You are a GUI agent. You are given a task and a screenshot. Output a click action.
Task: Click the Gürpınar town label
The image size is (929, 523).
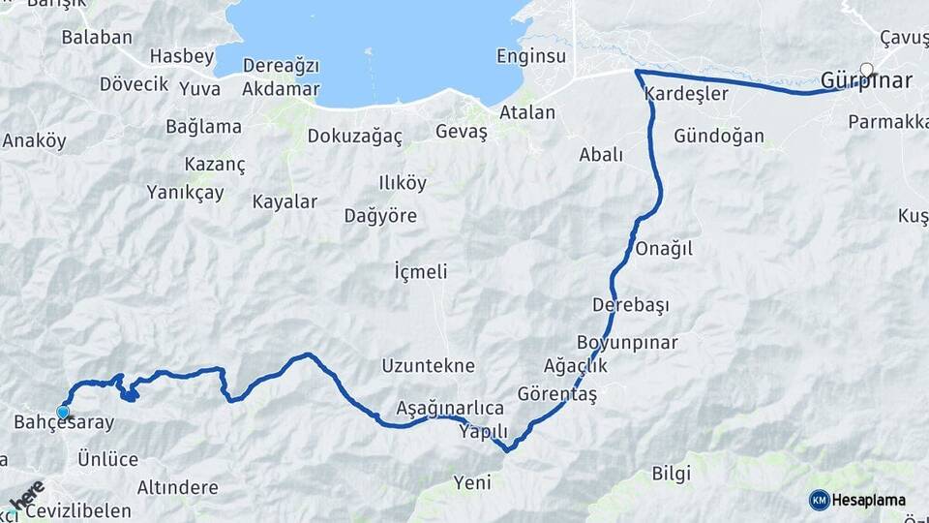point(865,81)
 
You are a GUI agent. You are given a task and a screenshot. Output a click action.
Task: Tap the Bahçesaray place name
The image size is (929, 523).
point(64,423)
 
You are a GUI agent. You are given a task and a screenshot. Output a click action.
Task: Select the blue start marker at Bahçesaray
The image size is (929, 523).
point(64,412)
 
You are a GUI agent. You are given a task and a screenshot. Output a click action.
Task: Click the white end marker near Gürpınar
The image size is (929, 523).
point(866,70)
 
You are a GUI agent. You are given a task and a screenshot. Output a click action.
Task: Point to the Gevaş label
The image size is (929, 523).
point(462,133)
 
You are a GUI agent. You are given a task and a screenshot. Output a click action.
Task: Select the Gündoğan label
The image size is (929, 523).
point(719,137)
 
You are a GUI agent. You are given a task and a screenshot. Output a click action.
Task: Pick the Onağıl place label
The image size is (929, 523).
point(664,249)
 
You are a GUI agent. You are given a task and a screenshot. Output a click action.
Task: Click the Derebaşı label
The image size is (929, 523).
point(631,305)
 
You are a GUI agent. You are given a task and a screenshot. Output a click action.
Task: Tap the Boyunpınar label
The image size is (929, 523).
point(627,343)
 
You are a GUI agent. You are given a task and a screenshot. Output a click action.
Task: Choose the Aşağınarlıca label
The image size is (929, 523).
point(450,407)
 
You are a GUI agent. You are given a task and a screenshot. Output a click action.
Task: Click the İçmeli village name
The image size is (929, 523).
point(421,272)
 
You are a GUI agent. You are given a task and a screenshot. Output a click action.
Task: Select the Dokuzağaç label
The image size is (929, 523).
point(354,137)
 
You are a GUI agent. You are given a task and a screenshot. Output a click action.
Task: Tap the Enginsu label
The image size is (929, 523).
point(530,55)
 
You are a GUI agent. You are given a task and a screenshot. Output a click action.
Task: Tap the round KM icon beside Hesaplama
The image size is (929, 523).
point(819,500)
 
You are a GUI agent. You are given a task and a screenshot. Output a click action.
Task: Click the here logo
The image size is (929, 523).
point(26,494)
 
